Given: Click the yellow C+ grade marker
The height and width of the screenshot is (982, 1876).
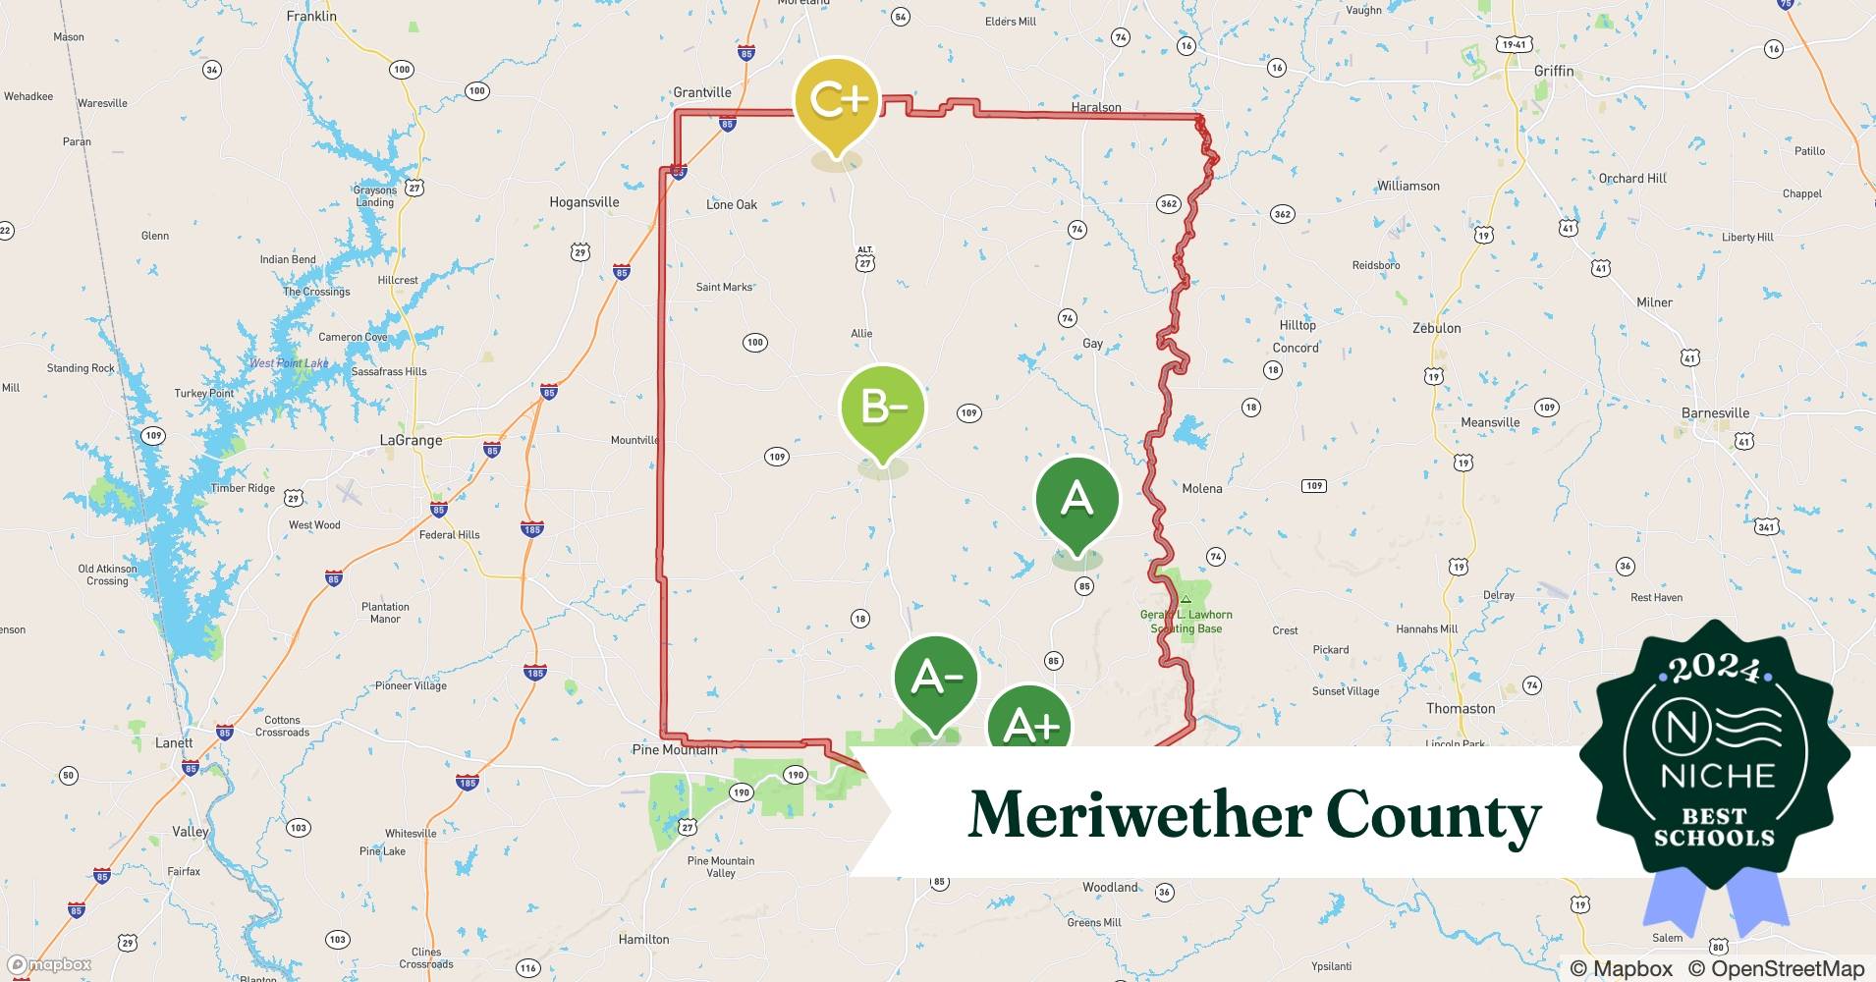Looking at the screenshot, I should tap(837, 101).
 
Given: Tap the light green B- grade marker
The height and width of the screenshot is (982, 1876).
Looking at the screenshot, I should tap(883, 408).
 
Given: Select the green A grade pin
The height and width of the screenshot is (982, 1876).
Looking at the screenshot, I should tap(1076, 499).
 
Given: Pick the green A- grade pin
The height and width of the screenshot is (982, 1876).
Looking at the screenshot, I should tap(936, 678).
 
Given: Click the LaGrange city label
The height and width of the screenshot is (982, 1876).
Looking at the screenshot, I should tap(411, 440).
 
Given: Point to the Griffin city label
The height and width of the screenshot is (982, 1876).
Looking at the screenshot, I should tap(1553, 71).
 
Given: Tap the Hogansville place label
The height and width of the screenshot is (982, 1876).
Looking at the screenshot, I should tap(583, 202).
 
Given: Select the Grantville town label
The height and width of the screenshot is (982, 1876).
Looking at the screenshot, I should tap(701, 92).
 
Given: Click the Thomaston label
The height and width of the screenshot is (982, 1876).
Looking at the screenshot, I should tap(1461, 708).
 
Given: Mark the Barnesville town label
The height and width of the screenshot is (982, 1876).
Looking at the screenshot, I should tap(1715, 412).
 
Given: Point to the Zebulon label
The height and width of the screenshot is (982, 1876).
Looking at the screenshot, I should tap(1436, 328).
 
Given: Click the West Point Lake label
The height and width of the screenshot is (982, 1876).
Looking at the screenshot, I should tap(289, 363).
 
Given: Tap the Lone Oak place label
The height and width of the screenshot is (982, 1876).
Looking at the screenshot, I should tap(732, 204).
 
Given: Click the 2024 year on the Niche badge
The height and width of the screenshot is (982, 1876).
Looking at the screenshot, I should tap(1714, 668).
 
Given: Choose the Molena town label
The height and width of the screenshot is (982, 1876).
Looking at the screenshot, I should tap(1201, 488).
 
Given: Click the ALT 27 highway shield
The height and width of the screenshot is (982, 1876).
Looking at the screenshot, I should tap(864, 259).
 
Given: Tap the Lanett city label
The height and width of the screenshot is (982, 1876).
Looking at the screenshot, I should tap(174, 742).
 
